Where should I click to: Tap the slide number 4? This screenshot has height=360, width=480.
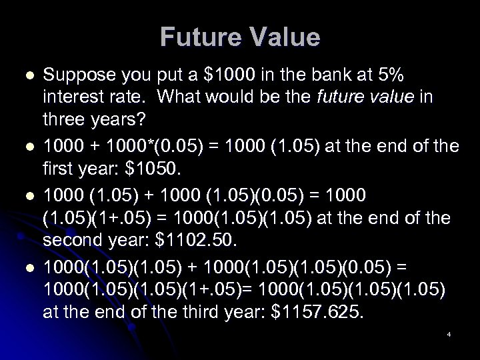pos(449,334)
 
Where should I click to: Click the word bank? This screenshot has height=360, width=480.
pos(299,76)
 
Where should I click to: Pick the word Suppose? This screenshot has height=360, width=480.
pos(75,76)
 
